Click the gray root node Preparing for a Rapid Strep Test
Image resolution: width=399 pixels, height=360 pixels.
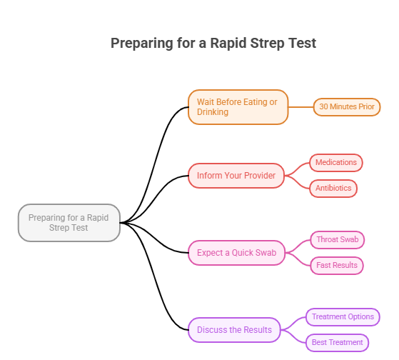[x=69, y=223]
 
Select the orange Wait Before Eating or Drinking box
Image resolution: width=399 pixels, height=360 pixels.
[x=238, y=107]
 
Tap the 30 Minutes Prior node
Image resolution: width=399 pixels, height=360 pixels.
[x=347, y=107]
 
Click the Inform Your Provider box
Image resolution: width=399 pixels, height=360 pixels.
[x=236, y=176]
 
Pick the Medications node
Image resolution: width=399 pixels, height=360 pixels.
[x=335, y=163]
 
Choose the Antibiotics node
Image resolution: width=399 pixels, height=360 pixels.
[x=333, y=189]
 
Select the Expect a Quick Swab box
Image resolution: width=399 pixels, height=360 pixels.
[x=236, y=253]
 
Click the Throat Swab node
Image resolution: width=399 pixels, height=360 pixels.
[x=337, y=240]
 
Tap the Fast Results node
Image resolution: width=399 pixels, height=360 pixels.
[x=337, y=266]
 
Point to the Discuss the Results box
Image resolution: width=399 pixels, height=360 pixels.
[x=234, y=330]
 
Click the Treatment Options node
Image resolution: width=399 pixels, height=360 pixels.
[x=343, y=316]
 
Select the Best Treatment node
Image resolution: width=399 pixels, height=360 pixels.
[x=338, y=343]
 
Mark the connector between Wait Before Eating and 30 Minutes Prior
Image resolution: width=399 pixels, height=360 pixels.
[x=300, y=107]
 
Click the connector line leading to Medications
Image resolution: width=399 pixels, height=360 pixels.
[x=298, y=168]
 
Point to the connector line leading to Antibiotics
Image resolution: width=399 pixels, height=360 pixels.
[x=298, y=184]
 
